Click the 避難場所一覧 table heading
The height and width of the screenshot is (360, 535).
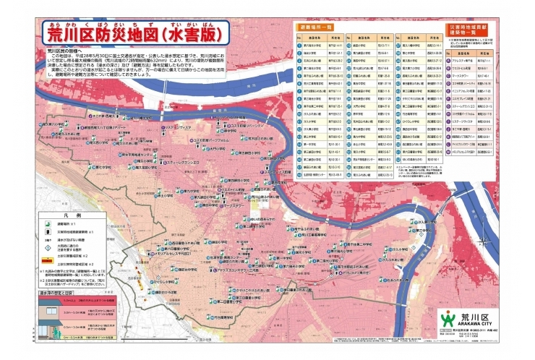[x=317, y=27]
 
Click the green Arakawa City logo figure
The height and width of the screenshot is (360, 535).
[x=448, y=318]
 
